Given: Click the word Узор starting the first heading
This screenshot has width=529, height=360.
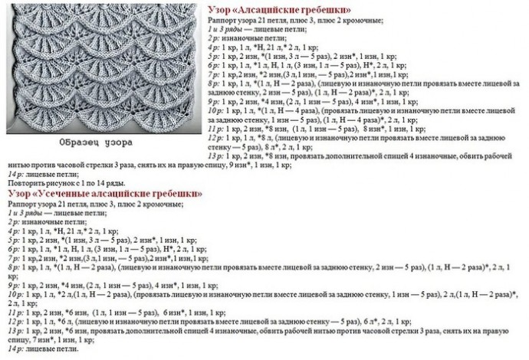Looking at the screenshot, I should [x=219, y=8].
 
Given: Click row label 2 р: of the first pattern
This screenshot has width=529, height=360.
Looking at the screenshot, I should [x=214, y=37].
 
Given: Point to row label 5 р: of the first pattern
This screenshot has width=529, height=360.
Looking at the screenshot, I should [x=214, y=56].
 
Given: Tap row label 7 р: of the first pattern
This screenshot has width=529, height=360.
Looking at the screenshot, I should [x=214, y=75].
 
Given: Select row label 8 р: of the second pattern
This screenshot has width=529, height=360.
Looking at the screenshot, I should [x=13, y=267].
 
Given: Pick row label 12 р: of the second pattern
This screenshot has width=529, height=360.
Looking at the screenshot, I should [x=15, y=321].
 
